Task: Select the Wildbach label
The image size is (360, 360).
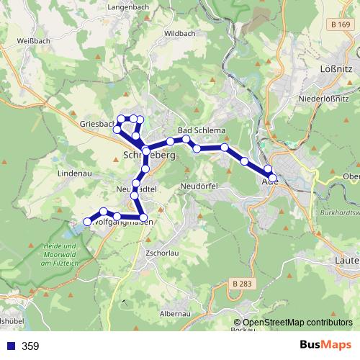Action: [179, 33]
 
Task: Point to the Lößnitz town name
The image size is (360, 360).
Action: [333, 68]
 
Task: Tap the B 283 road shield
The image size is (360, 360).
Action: [244, 285]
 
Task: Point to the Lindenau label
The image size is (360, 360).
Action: [73, 174]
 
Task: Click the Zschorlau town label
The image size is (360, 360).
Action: [161, 253]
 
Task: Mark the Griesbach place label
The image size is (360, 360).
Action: [98, 123]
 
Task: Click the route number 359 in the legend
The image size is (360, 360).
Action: [30, 346]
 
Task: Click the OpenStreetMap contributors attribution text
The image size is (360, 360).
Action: [297, 323]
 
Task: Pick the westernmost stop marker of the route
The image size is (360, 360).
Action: [88, 222]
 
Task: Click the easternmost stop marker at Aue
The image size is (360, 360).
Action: [272, 177]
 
